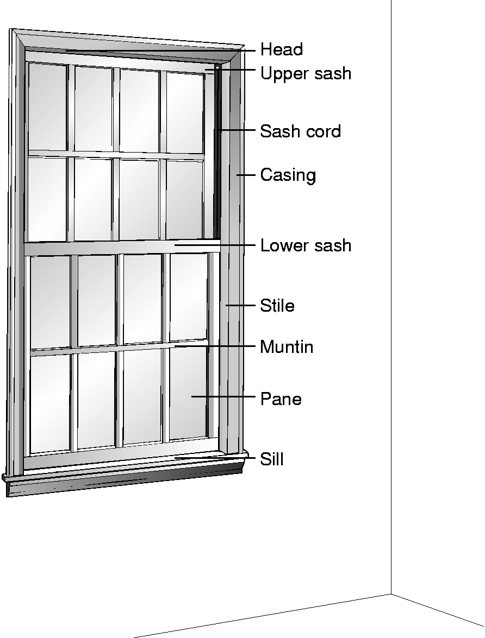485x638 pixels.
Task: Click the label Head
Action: coord(282,49)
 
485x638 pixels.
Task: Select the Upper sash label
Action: coord(306,74)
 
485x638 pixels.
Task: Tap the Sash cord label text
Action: coord(300,131)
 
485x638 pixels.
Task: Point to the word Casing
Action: coord(288,175)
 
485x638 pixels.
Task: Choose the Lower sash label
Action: coord(306,245)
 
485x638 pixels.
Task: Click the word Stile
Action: coord(277,305)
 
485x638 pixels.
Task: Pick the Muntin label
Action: coord(287,346)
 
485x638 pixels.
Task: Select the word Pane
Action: coord(281,399)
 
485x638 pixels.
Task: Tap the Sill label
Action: coord(272,459)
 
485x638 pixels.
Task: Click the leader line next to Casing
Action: coord(246,175)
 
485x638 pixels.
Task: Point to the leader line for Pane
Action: coord(223,396)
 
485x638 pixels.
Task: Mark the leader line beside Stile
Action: coord(240,305)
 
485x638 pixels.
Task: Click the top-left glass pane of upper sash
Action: coord(47,106)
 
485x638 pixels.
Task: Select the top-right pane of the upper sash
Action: coord(185,113)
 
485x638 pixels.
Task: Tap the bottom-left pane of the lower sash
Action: coord(51,403)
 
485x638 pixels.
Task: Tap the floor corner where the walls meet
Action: coord(391,594)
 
